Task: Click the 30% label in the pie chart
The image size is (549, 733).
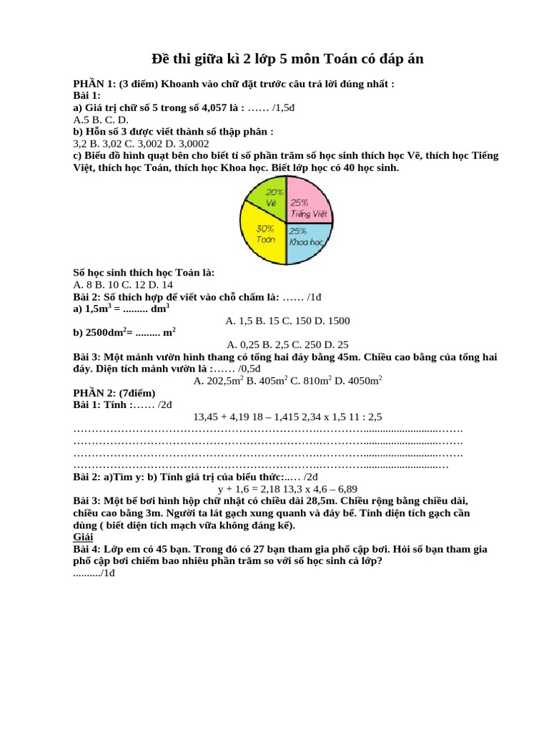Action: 265,228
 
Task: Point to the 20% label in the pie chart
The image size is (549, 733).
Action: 274,192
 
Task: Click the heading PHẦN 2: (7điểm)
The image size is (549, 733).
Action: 114,393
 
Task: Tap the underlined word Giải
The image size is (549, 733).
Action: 84,537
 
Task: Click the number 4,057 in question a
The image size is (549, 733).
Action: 224,107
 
